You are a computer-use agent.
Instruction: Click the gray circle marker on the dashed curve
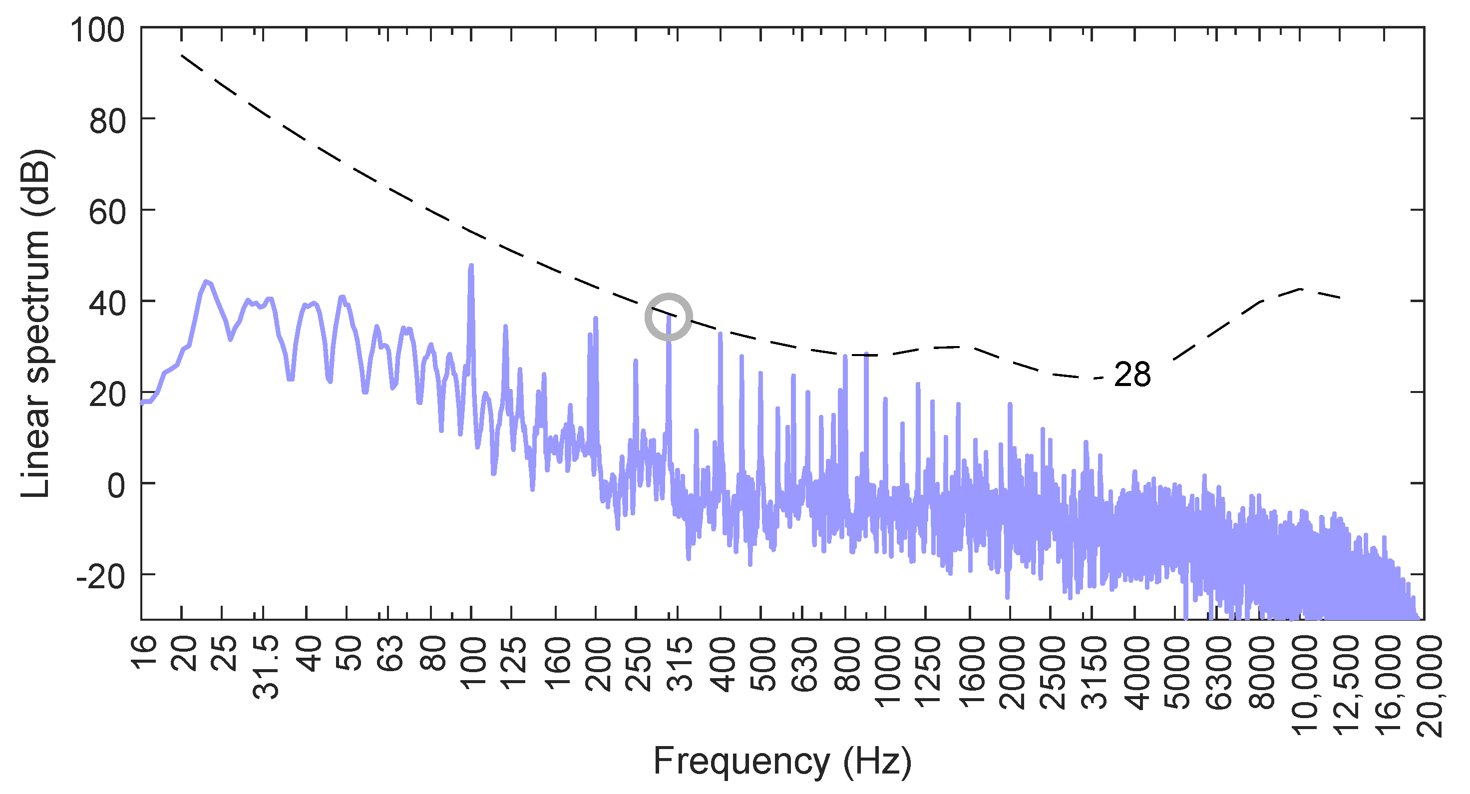pos(668,317)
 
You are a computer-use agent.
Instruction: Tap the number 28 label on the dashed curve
pos(1132,376)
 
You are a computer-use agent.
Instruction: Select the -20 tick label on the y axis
pos(100,577)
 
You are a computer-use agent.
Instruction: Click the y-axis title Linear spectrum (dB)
pos(35,323)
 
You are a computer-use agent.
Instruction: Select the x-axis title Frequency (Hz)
pos(782,761)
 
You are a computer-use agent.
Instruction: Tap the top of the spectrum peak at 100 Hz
pos(471,266)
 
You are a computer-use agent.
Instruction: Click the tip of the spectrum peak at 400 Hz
pos(720,334)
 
